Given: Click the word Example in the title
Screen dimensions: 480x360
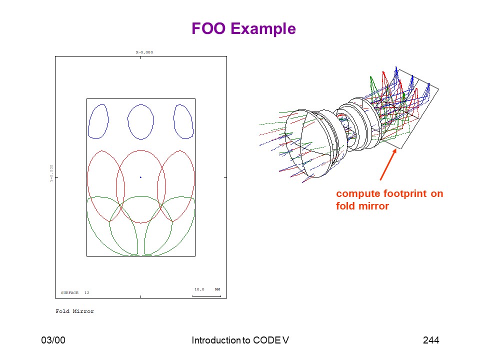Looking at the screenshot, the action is coord(263,29).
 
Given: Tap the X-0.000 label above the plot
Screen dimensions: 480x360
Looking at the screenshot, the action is coord(144,52).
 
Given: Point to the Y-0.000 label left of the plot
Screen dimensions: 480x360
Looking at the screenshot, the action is coord(51,173).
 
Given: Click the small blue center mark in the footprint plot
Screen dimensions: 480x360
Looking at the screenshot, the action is coord(141,177).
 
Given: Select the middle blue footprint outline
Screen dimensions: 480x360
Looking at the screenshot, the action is coord(128,122).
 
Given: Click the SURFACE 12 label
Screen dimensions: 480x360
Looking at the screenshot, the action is coord(75,292).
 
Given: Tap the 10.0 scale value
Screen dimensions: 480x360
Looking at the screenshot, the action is coord(199,289).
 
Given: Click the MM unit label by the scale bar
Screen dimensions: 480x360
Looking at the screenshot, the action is coord(217,289).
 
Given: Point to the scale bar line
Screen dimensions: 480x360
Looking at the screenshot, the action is coord(206,296).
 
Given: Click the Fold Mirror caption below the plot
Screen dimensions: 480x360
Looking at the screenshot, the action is coord(74,311).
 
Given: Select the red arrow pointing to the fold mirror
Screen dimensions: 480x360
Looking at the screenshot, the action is coord(388,164).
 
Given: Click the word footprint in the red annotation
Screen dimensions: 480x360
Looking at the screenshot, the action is coord(404,194).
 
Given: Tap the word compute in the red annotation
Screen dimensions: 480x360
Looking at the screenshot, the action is coord(358,194).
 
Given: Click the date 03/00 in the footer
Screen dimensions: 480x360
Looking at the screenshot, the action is coord(53,340).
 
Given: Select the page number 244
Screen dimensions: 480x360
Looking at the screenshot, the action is coord(431,340).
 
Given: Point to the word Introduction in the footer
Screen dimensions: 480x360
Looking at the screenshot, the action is coord(216,340).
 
